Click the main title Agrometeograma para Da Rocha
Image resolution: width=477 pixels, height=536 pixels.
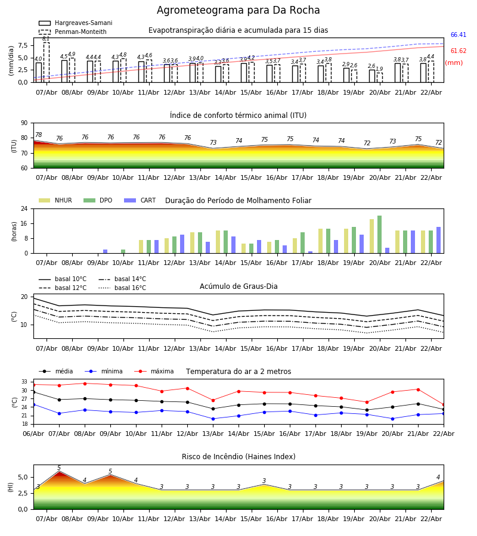click(238, 11)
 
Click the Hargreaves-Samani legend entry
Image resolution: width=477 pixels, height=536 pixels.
click(83, 23)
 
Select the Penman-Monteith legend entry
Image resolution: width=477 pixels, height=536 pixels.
click(80, 32)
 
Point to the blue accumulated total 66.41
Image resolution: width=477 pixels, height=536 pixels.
click(458, 35)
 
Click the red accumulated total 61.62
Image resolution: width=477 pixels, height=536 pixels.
click(458, 51)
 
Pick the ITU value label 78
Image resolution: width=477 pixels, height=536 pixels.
click(39, 135)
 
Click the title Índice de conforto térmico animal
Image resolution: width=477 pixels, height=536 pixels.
click(238, 116)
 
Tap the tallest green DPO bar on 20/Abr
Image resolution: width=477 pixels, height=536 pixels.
click(379, 235)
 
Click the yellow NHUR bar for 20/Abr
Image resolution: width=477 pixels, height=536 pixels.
click(371, 236)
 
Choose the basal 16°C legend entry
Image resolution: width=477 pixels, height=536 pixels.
click(129, 288)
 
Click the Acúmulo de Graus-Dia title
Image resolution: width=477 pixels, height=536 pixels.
click(238, 286)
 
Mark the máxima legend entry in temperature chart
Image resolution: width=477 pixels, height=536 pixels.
click(162, 372)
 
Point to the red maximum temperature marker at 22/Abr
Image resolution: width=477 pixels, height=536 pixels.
click(443, 404)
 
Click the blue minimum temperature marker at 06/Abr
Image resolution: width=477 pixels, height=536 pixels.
click(33, 404)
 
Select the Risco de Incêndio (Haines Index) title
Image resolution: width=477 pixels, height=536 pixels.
click(238, 457)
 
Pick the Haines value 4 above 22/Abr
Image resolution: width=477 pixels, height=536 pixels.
click(438, 478)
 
